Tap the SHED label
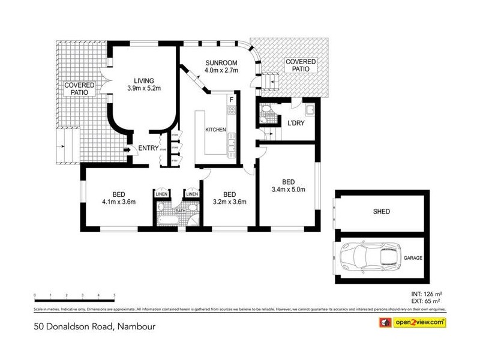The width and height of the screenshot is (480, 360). tap(381, 211)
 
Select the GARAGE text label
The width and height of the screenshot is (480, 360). tap(413, 257)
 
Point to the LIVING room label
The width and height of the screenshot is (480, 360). tap(144, 80)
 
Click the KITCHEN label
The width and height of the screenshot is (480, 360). tap(215, 130)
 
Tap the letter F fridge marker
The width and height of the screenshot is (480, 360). tap(231, 100)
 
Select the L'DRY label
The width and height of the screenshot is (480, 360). tap(296, 124)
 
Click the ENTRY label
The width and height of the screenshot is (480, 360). tap(148, 149)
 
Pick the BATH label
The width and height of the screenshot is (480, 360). tap(179, 211)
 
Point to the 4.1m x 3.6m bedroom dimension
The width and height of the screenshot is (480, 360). tap(118, 202)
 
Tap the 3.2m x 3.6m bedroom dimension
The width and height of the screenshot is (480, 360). tap(229, 202)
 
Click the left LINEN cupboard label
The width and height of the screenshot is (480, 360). tap(161, 194)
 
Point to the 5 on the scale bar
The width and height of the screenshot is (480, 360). tap(114, 295)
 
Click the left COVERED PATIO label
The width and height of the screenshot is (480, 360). tap(80, 89)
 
